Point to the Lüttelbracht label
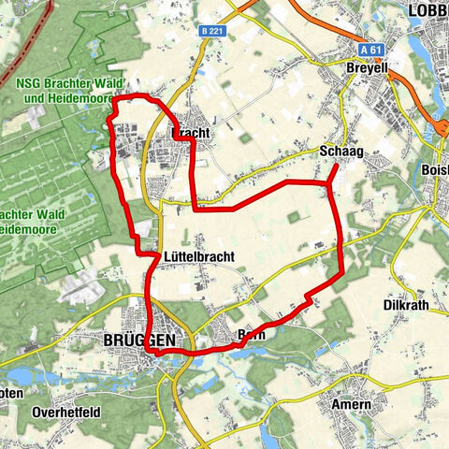197,255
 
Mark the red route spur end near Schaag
337,166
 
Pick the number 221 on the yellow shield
217,31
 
